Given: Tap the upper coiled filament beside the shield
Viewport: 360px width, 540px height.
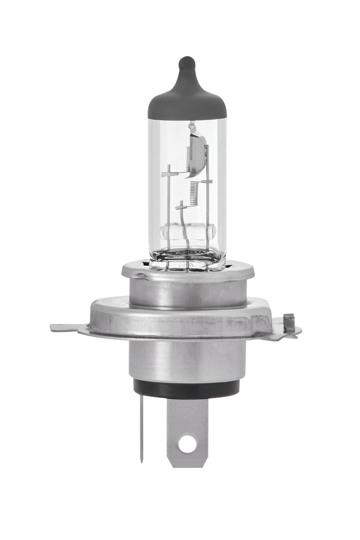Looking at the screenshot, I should point(188,158).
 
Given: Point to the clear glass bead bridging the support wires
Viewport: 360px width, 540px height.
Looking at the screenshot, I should point(187,232).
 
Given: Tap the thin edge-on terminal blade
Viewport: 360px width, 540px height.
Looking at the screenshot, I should point(141,425).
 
